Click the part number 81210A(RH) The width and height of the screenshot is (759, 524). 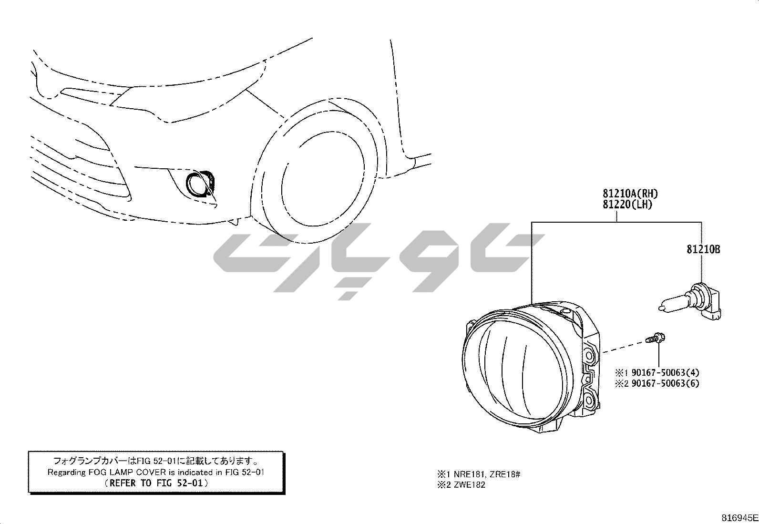pos(630,194)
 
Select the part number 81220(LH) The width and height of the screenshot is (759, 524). pos(627,205)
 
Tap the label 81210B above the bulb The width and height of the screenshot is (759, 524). pos(703,249)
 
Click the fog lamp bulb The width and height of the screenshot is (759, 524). pos(690,303)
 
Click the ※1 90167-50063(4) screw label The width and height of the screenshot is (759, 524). pos(657,372)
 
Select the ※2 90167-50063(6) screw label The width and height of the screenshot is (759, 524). pos(657,383)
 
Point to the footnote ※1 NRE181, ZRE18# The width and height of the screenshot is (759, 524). pos(479,474)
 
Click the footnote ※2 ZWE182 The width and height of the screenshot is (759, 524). pos(461,485)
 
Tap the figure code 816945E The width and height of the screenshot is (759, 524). pos(739,518)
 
